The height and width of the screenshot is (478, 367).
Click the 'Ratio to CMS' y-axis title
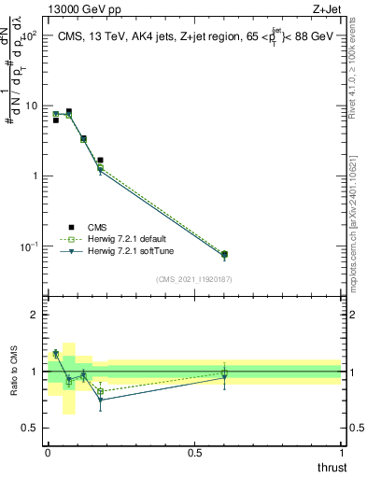click(x=14, y=372)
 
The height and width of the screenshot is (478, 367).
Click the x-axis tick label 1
click(x=342, y=453)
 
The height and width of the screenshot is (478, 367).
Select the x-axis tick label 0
click(x=48, y=453)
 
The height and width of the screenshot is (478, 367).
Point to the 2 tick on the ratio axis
click(x=36, y=316)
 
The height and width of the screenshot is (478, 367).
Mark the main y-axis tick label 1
click(x=36, y=176)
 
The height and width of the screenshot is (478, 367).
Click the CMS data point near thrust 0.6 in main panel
click(x=224, y=254)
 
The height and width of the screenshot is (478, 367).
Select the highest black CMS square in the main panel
click(x=68, y=111)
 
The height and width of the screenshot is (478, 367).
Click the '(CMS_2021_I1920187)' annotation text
click(x=193, y=278)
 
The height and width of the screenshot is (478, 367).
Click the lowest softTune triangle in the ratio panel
click(x=101, y=400)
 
